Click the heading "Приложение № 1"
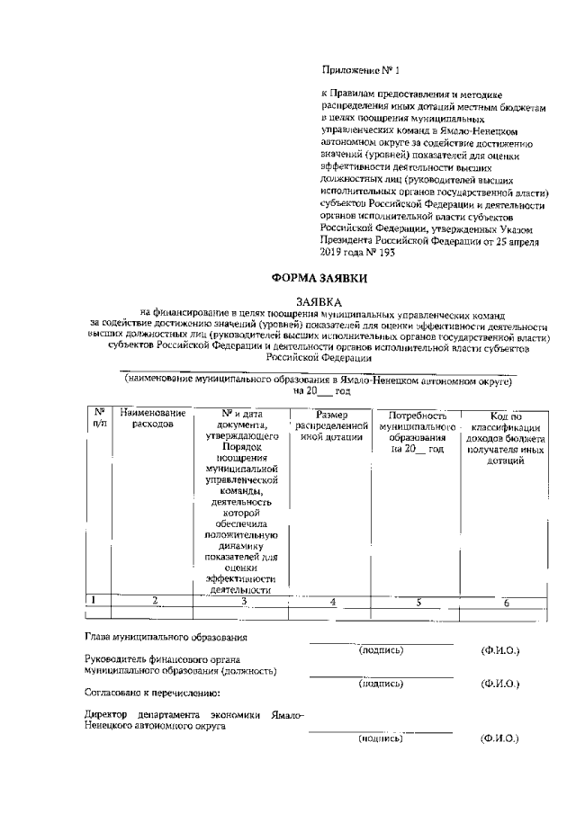[359, 69]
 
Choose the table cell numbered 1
[94, 598]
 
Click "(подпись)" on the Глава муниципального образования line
[381, 649]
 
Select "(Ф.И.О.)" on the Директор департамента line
[500, 738]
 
